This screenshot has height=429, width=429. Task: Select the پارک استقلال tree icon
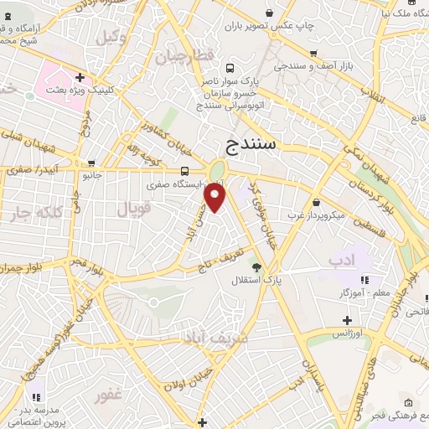click(257, 268)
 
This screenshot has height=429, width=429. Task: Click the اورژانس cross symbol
click(348, 320)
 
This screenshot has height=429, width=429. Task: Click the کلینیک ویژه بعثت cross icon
click(80, 77)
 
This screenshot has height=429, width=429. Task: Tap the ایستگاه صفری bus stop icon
click(183, 171)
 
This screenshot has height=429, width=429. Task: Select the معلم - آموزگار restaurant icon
click(364, 280)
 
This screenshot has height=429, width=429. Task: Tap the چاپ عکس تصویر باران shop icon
click(269, 13)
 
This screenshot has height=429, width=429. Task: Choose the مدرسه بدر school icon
click(36, 395)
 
